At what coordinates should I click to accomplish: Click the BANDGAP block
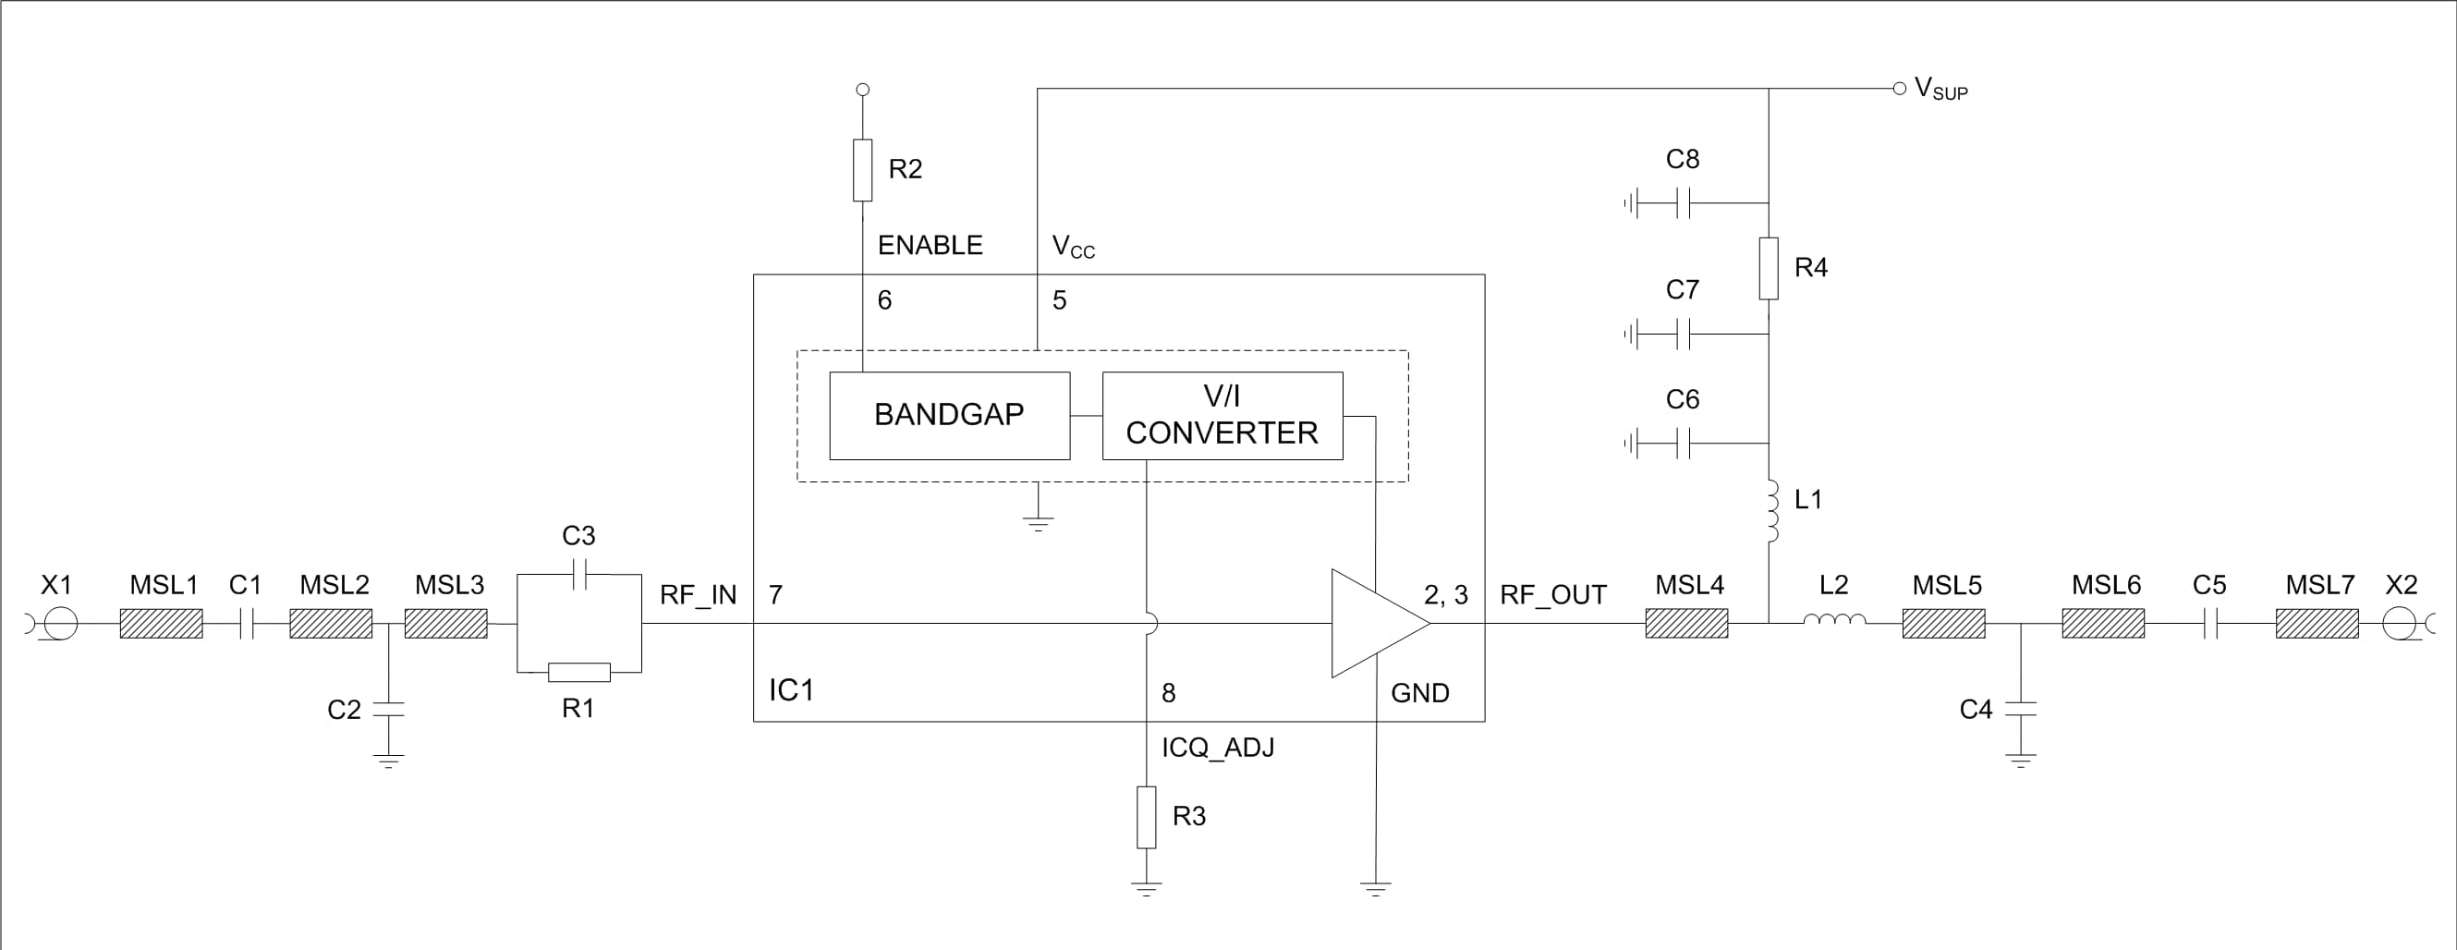[x=949, y=416]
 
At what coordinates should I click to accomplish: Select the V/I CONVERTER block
[x=1222, y=416]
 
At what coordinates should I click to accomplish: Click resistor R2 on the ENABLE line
[x=862, y=170]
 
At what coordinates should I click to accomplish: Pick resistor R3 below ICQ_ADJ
[x=1147, y=818]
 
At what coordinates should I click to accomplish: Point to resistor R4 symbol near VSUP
[x=1769, y=268]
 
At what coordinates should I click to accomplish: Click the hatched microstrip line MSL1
[x=161, y=624]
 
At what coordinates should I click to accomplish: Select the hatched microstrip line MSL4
[x=1686, y=624]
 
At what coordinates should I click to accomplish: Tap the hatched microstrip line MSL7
[x=2317, y=625]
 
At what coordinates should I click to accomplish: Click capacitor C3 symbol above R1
[x=579, y=574]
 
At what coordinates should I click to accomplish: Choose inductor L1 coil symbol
[x=1772, y=511]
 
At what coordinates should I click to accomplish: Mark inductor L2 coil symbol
[x=1834, y=621]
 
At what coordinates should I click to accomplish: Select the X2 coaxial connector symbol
[x=2400, y=625]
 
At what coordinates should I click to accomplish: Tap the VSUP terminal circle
[x=1899, y=89]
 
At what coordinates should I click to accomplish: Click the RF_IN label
[x=699, y=595]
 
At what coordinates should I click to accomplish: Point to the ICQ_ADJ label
[x=1217, y=748]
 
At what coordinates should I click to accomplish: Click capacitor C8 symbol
[x=1684, y=203]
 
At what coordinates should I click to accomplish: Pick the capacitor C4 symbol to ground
[x=2020, y=709]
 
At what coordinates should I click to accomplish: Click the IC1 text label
[x=791, y=689]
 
